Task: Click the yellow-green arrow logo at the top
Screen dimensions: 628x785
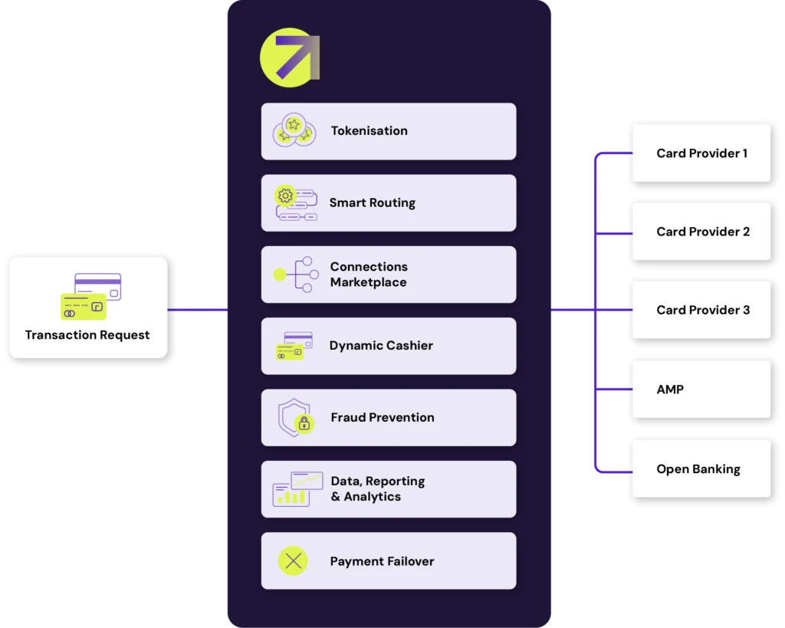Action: [x=290, y=58]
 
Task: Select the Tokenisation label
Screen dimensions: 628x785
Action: [x=369, y=131]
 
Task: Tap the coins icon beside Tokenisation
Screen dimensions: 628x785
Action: [x=294, y=130]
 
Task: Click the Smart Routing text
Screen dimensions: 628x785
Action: [x=372, y=203]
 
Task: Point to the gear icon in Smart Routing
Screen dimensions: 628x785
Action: [x=286, y=196]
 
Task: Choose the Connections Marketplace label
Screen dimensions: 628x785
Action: [x=369, y=275]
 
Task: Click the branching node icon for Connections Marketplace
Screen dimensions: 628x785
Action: [x=294, y=275]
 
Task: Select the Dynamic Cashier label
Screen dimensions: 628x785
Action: [x=381, y=346]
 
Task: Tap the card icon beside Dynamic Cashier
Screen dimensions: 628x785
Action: [x=294, y=347]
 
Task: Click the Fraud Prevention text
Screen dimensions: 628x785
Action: [x=382, y=418]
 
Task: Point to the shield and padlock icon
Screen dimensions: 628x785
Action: [x=295, y=419]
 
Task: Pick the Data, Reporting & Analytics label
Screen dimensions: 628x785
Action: [x=377, y=489]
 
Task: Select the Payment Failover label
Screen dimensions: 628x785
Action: [x=382, y=561]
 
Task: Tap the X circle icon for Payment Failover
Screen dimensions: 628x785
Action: [x=293, y=561]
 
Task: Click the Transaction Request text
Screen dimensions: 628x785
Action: [x=87, y=335]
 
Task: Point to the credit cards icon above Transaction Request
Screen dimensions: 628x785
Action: [x=91, y=296]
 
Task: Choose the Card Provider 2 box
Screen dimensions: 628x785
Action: [x=701, y=232]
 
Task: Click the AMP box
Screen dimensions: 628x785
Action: [x=701, y=390]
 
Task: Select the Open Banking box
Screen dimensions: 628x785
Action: [x=701, y=469]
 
